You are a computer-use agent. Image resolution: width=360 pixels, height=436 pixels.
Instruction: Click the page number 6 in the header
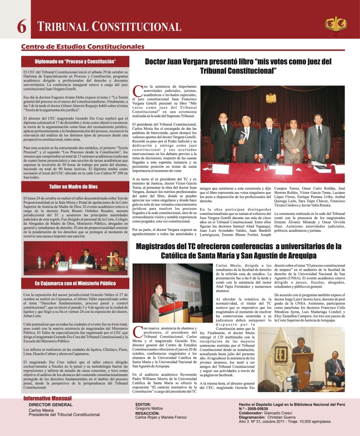21,28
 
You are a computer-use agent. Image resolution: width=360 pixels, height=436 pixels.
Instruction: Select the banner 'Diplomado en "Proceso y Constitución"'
75,61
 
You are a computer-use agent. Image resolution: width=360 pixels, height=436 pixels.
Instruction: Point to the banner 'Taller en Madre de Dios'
75,186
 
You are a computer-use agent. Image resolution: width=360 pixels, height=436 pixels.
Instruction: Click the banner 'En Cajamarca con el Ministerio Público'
75,283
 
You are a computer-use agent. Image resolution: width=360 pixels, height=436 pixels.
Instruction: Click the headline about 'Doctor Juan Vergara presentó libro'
238,66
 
